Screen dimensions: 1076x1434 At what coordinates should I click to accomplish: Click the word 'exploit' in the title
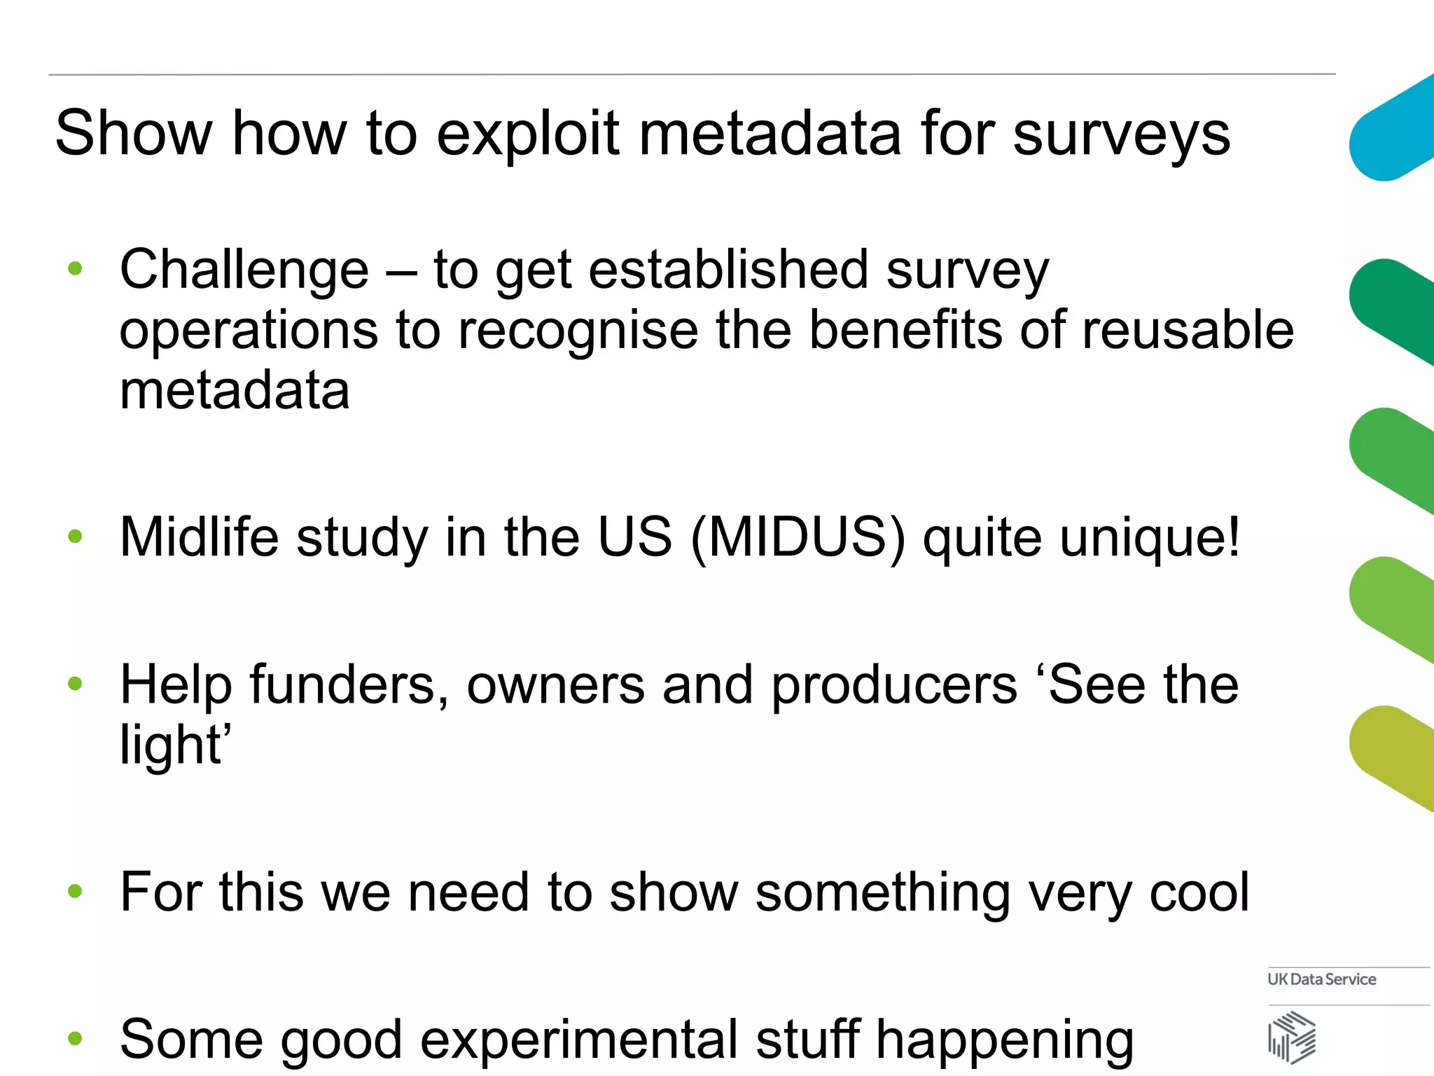point(528,134)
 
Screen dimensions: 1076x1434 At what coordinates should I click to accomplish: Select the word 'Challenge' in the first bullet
point(244,270)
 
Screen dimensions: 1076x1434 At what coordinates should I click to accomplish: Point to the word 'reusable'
point(1188,330)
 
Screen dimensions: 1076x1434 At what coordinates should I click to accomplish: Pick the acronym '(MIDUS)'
point(798,538)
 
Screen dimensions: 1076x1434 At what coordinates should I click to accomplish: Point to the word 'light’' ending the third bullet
point(175,745)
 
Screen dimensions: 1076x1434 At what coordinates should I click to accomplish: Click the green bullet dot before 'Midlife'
point(76,537)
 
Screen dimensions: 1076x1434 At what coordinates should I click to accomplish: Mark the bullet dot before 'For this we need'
point(76,891)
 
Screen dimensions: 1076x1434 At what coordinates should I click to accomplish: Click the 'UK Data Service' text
point(1321,979)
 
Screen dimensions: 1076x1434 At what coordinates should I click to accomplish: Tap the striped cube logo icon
point(1292,1037)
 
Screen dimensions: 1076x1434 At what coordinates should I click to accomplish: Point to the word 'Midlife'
point(199,538)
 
